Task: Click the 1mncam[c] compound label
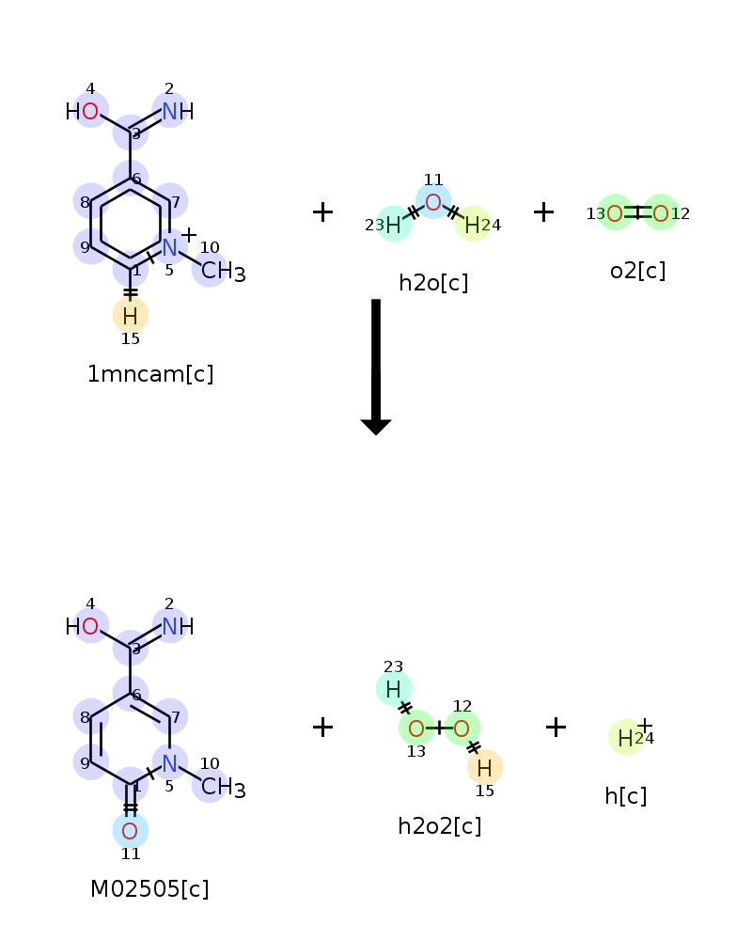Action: (x=150, y=374)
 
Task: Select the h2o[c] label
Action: (x=433, y=283)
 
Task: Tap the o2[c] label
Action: (x=637, y=271)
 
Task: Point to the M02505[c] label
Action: (x=149, y=889)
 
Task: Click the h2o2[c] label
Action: (x=440, y=826)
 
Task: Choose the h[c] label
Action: (x=626, y=796)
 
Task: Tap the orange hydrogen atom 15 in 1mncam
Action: (x=131, y=316)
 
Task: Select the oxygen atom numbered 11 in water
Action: (x=433, y=202)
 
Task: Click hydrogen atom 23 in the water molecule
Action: (x=394, y=225)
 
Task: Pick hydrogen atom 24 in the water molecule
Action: (x=472, y=225)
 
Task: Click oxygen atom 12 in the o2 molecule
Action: (x=661, y=213)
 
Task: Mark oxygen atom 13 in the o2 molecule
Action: (x=615, y=213)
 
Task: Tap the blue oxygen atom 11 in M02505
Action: (x=131, y=831)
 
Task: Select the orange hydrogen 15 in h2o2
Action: (x=485, y=768)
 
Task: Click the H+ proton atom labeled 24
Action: (x=626, y=738)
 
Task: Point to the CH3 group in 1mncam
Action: (x=222, y=272)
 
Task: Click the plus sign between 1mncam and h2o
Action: (x=322, y=212)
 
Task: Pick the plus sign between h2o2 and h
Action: (x=556, y=727)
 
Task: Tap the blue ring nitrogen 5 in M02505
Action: (x=169, y=762)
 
